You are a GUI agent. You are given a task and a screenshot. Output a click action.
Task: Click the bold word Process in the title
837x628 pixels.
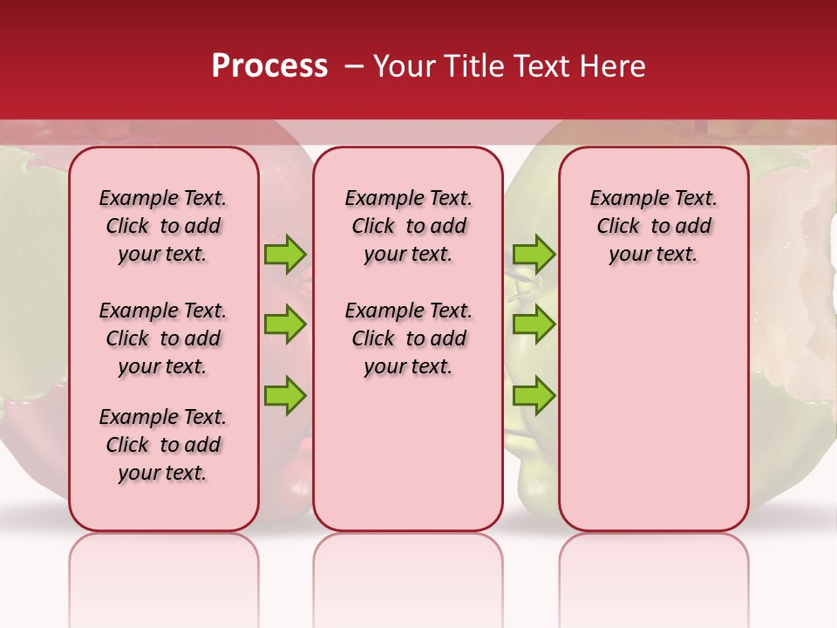[x=269, y=66]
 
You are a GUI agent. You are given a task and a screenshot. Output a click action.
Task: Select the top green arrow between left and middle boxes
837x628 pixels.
[x=285, y=254]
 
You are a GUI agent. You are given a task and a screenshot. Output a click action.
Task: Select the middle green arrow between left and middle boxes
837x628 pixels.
[x=285, y=324]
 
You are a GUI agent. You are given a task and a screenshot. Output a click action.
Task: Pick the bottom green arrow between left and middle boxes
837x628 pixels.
[x=285, y=395]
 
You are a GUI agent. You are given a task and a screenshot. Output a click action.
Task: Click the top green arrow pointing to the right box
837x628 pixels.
[x=534, y=254]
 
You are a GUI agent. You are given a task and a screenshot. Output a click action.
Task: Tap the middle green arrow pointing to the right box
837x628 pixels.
[x=534, y=324]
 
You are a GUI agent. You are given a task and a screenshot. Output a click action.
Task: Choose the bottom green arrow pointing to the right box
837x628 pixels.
[x=534, y=395]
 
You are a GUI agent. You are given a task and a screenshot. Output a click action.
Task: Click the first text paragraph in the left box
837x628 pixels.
[x=163, y=226]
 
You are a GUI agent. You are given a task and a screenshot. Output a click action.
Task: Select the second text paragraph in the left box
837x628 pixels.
[x=163, y=338]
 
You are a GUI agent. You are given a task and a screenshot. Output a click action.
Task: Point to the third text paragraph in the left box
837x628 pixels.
[x=163, y=445]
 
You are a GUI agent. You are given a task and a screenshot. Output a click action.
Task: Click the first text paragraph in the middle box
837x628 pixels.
[x=408, y=226]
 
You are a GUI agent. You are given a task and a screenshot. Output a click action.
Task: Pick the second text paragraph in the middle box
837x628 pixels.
[x=408, y=338]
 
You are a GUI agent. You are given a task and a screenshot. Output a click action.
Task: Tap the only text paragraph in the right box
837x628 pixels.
[x=653, y=226]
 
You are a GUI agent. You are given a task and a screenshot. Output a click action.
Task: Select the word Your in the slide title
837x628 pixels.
[x=404, y=66]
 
